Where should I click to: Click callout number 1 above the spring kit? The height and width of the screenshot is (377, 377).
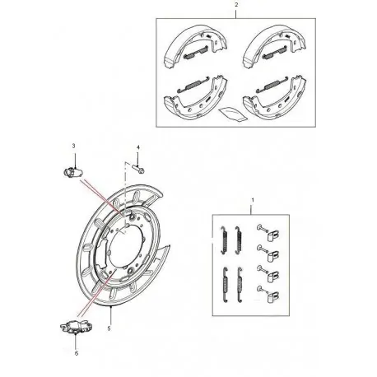tap(252, 200)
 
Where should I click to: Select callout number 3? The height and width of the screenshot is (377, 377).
tap(73, 147)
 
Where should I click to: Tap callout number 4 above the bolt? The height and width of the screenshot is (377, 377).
tap(137, 148)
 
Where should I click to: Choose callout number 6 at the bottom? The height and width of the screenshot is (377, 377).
tap(76, 354)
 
